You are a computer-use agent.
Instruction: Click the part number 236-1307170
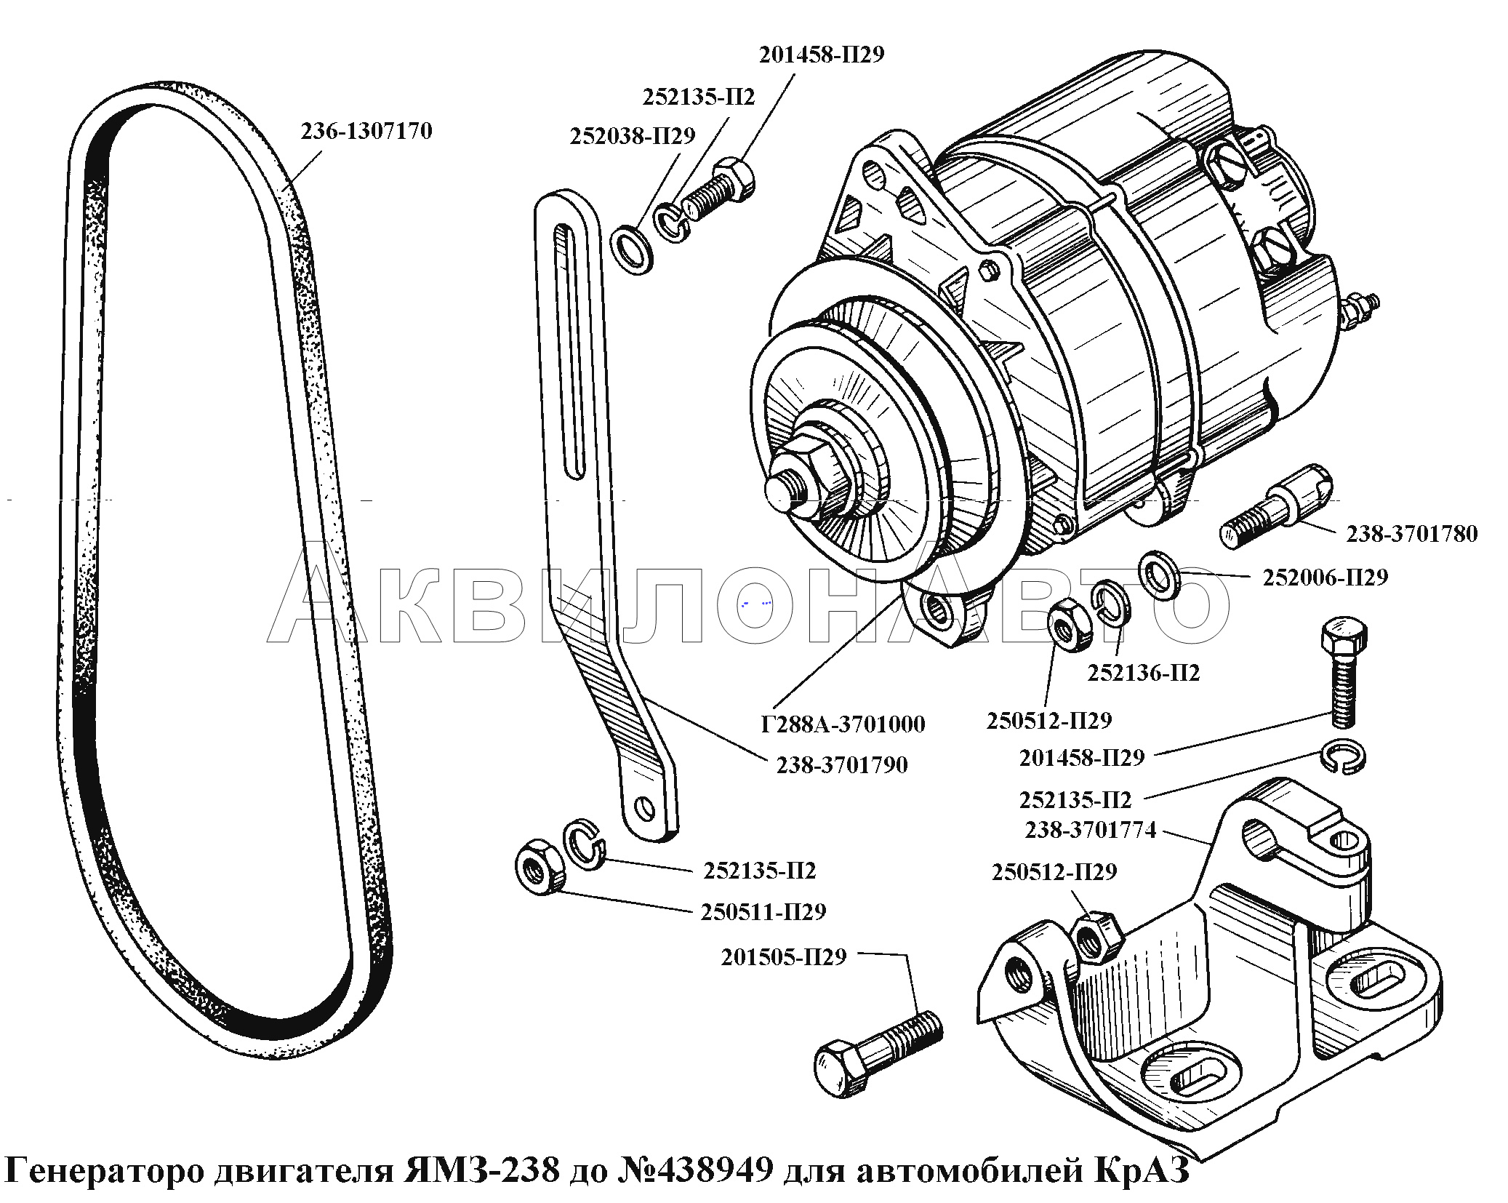tap(366, 131)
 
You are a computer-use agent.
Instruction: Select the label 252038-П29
tap(632, 136)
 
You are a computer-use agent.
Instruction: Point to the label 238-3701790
tap(842, 764)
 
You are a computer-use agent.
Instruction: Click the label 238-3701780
tap(1411, 534)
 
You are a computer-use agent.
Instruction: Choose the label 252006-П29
tap(1325, 577)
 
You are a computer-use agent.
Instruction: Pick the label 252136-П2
tap(1143, 673)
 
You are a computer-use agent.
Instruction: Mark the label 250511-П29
tap(763, 911)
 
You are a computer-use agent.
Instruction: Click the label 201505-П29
tap(784, 957)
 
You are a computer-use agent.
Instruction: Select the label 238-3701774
tap(1090, 830)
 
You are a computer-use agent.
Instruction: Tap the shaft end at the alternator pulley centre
tap(784, 489)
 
